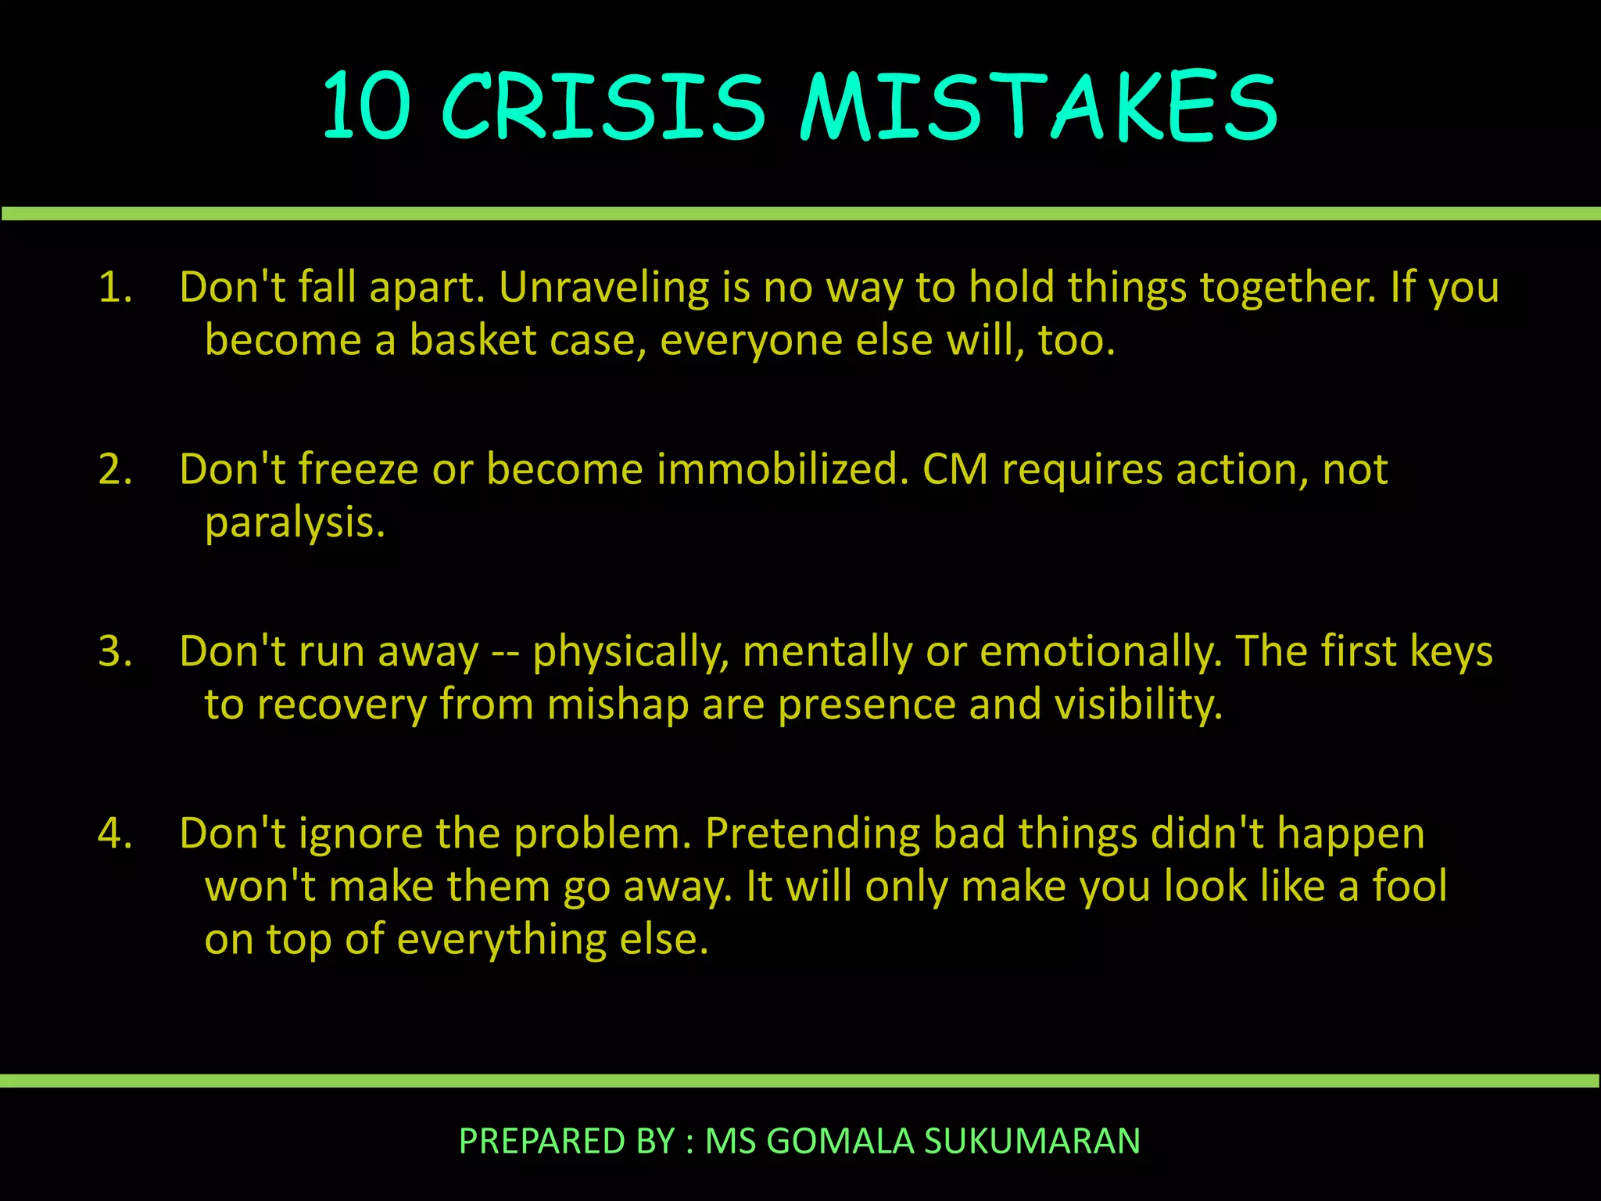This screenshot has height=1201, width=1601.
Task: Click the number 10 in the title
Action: click(x=367, y=107)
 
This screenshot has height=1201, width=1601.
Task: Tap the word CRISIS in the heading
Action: click(x=603, y=107)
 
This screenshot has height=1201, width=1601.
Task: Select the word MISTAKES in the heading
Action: click(x=1039, y=107)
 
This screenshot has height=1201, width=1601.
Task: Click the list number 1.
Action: click(x=114, y=287)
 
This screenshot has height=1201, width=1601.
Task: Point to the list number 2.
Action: click(x=115, y=470)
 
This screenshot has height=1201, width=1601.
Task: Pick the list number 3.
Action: click(x=115, y=651)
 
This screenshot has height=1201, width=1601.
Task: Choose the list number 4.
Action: click(x=115, y=834)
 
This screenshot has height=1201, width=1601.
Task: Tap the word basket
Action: click(x=473, y=340)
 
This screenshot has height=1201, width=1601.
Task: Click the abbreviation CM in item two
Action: click(x=955, y=470)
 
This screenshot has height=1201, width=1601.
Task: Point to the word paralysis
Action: click(x=295, y=523)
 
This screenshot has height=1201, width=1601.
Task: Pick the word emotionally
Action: click(x=1101, y=651)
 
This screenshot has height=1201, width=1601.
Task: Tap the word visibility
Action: click(x=1138, y=704)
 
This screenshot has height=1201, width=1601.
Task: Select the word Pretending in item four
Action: click(x=812, y=834)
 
